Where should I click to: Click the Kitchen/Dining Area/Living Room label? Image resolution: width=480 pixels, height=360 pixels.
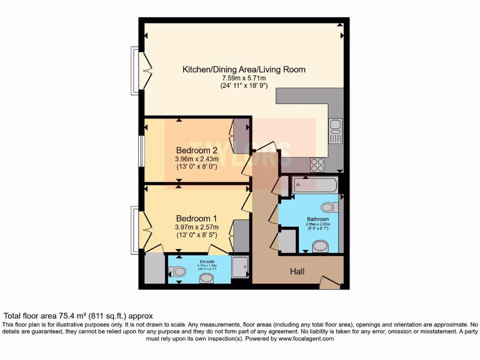(244, 69)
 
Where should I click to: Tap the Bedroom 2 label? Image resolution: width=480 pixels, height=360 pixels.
(197, 150)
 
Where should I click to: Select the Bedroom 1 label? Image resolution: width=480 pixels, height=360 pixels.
(197, 218)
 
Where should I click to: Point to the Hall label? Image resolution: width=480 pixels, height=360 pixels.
(297, 271)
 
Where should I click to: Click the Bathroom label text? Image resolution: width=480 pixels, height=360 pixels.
(318, 219)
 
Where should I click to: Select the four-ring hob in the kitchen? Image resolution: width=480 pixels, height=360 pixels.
(317, 165)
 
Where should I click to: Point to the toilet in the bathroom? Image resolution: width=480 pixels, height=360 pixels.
(330, 207)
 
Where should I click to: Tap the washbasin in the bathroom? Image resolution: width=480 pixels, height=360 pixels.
(320, 246)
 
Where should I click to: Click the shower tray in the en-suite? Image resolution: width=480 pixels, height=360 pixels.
(240, 269)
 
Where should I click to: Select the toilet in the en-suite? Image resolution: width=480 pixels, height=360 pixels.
(177, 271)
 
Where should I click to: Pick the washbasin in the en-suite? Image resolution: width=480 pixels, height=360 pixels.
(206, 279)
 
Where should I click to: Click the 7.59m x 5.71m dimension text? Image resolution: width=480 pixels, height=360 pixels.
(244, 78)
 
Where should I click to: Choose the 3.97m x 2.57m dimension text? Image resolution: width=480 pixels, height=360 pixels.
(197, 227)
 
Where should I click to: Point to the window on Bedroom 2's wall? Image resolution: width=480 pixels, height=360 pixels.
(141, 151)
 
